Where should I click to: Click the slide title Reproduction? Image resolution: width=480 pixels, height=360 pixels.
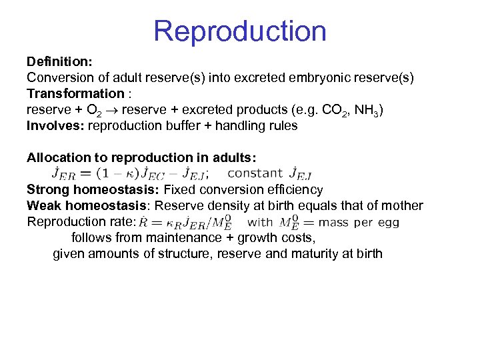coord(239,31)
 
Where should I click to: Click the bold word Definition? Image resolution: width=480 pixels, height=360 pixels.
coord(58,62)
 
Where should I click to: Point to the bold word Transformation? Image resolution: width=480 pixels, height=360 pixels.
coord(75,93)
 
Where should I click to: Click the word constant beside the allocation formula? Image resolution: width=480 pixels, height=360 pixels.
coord(255,173)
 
